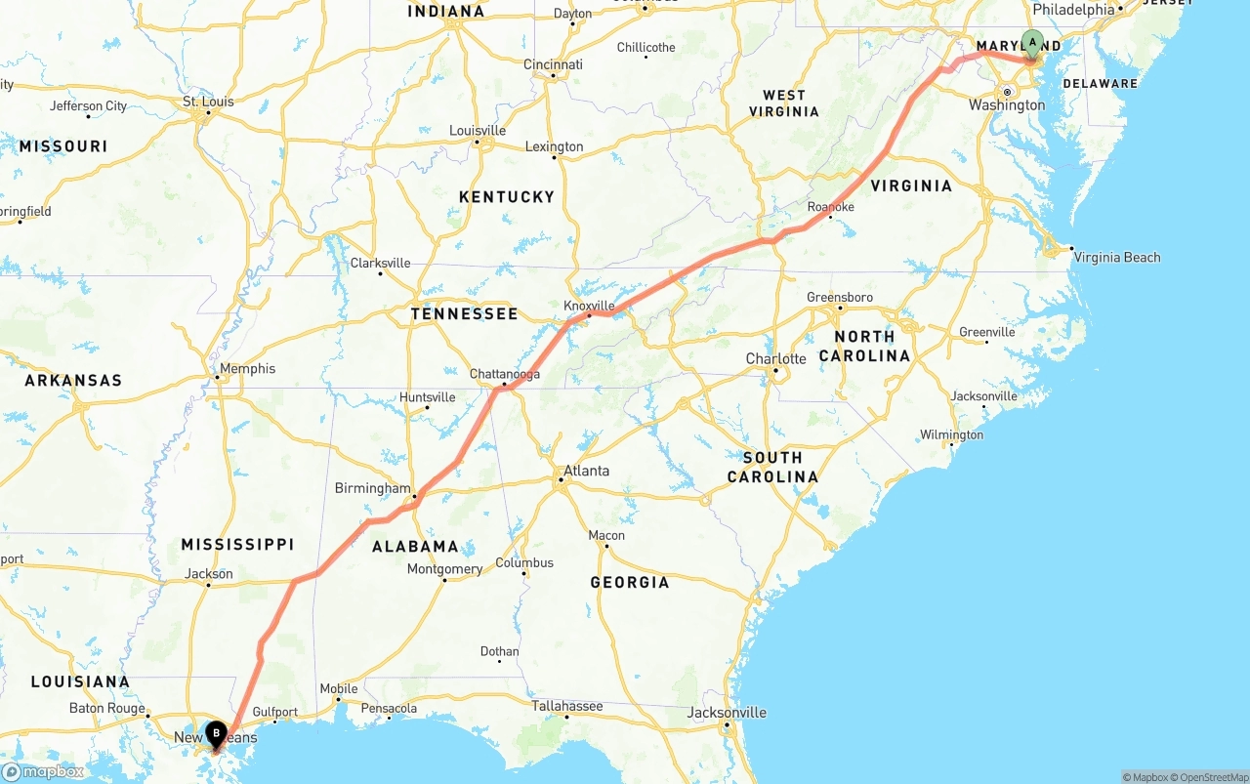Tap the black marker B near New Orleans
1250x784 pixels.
(x=216, y=733)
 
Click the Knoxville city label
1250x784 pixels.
(x=589, y=306)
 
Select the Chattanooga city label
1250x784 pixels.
(x=504, y=374)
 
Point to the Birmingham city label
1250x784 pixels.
(x=373, y=488)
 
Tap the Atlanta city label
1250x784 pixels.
(x=586, y=471)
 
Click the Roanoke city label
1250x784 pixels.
(x=830, y=207)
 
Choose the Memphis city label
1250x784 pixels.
(x=247, y=369)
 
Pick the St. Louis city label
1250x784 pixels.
(x=208, y=102)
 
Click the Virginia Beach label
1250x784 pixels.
(x=1116, y=258)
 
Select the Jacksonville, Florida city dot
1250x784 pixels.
(x=727, y=724)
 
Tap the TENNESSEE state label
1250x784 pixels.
(x=464, y=314)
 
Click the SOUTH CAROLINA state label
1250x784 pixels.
(x=772, y=467)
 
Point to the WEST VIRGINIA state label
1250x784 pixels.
(x=784, y=103)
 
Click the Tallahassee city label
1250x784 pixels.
(x=566, y=706)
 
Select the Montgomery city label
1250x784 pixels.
(x=444, y=569)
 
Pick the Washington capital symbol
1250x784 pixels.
(x=1006, y=93)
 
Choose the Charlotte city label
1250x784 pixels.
(x=775, y=358)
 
